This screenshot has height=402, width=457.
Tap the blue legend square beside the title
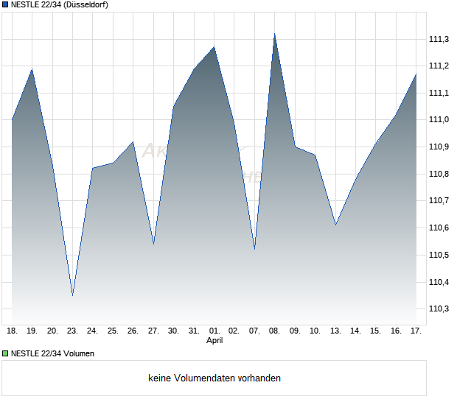pos(5,5)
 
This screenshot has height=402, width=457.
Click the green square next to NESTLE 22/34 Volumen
pos(5,353)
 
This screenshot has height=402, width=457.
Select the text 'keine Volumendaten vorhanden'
pos(214,378)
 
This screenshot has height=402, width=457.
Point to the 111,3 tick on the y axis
pos(439,39)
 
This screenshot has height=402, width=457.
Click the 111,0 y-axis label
pos(439,119)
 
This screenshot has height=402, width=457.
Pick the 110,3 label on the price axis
pos(439,309)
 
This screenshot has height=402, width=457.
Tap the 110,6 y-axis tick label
pos(439,228)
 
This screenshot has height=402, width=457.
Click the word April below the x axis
pos(214,341)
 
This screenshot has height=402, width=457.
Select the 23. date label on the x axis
pos(72,331)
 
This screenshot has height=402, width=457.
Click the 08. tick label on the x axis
pos(274,331)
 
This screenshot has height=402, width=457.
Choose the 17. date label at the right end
pos(416,331)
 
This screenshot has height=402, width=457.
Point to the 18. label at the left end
pos(12,331)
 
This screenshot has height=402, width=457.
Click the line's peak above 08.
pos(274,34)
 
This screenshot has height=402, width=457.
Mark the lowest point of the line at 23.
pos(72,296)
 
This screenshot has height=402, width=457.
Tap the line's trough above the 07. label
pos(254,249)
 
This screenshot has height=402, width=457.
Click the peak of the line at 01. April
pos(214,47)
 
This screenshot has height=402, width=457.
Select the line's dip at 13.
pos(335,225)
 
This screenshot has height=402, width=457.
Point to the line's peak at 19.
pos(32,69)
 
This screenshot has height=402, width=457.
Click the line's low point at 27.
pos(153,244)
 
